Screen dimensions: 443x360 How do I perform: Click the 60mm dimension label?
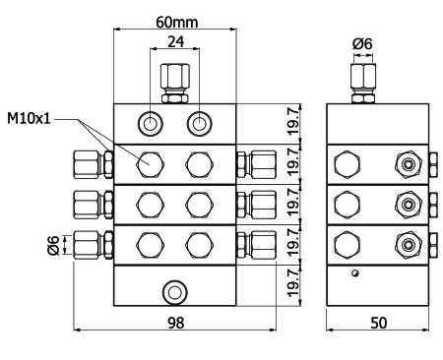[x=176, y=23]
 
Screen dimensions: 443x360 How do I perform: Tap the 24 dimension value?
[x=176, y=42]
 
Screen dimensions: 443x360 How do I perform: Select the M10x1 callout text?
[x=29, y=118]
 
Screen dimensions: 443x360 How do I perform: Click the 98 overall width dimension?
[x=176, y=323]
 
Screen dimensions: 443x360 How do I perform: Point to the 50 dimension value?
[x=379, y=323]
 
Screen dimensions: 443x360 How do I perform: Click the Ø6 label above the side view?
[x=362, y=44]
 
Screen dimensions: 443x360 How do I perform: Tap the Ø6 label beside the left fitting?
[x=53, y=245]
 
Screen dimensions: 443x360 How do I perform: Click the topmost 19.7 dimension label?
[x=293, y=120]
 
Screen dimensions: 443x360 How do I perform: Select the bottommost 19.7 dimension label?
[x=293, y=282]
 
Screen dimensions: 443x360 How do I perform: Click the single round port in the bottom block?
[x=175, y=292]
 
